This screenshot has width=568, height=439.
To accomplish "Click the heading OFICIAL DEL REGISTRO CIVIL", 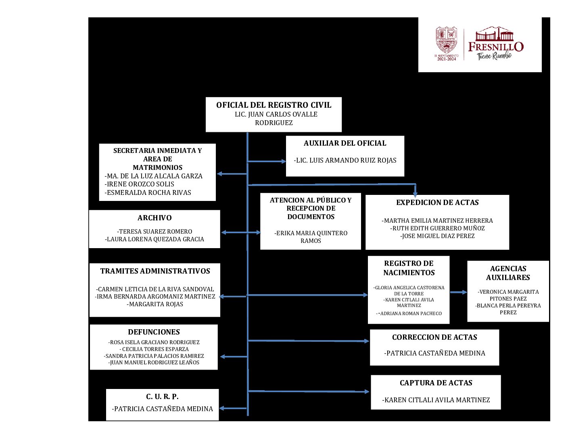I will [274, 105].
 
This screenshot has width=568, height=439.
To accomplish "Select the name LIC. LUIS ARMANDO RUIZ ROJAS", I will [345, 160].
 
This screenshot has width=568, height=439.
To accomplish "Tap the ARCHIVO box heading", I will [155, 218].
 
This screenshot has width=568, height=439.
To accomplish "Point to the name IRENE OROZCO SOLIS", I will [140, 184].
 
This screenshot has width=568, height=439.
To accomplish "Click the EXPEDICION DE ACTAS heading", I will [437, 203].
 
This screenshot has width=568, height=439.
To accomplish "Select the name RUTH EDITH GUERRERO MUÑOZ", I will [437, 228].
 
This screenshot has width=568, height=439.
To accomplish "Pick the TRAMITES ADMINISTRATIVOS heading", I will [155, 271].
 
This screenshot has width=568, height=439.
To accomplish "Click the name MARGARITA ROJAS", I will [155, 304].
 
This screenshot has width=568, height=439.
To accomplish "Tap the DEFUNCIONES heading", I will [154, 332].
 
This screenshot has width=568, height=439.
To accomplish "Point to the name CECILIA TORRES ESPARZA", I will [154, 349].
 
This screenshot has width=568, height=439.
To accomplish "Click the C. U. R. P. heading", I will [162, 397].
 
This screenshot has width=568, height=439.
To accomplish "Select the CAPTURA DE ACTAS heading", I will [436, 383].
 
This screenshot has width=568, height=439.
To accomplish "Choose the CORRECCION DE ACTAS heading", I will [434, 337].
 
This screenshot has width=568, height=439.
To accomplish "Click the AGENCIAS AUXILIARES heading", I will [508, 273].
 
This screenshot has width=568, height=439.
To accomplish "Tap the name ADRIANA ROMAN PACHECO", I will [410, 314].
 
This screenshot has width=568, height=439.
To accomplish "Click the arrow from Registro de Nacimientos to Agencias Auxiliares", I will [458, 292].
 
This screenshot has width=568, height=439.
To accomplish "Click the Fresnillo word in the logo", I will [496, 47].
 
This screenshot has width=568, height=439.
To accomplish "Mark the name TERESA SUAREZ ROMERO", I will [155, 232].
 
